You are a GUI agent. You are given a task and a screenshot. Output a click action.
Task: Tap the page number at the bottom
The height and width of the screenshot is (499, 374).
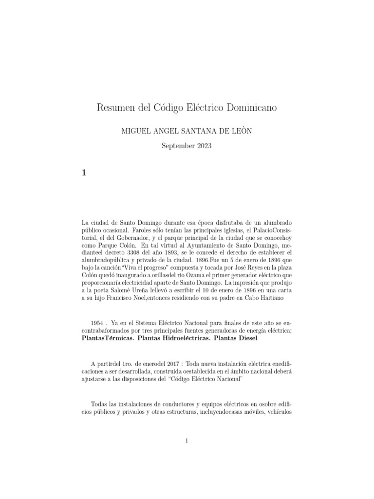click(187, 441)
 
